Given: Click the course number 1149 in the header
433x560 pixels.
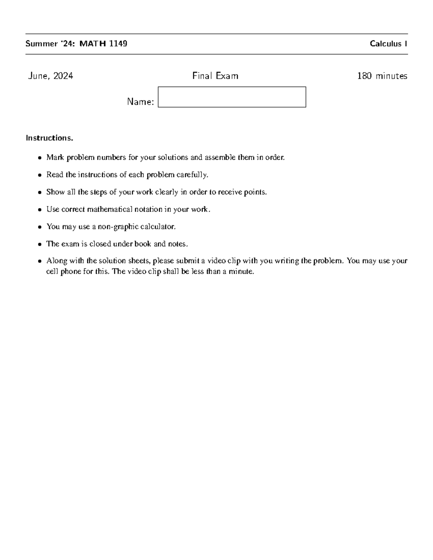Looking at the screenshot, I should coord(118,44).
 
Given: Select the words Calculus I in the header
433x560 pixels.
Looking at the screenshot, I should coord(388,44).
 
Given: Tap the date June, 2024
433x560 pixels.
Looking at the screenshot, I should coord(51,76).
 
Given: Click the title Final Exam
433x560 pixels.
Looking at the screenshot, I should coord(215,76).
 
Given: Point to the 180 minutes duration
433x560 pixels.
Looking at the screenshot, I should coord(382,76).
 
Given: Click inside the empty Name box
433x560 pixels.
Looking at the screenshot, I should coord(232,97).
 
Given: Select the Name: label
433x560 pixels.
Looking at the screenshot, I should coord(140,102).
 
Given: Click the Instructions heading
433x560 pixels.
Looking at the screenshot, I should coord(49,138).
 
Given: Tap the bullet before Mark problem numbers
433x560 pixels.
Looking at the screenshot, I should coord(40,158).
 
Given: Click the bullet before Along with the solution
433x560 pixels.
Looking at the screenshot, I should coord(40,261).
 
